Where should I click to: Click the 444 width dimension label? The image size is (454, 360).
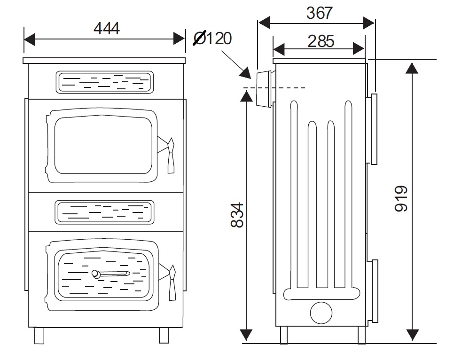[x=107, y=29]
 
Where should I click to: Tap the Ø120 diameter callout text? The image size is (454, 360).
[x=213, y=38]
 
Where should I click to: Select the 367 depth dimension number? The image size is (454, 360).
[x=319, y=13]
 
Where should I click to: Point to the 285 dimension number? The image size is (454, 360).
[x=321, y=41]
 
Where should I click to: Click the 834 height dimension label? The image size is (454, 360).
[x=238, y=215]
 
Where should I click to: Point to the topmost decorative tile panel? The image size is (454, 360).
[x=104, y=82]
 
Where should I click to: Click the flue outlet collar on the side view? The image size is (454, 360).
[x=264, y=88]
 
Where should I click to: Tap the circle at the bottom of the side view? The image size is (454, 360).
[x=321, y=312]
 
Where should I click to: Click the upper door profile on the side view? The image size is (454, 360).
[x=374, y=129]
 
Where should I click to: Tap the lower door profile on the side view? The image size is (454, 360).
[x=374, y=291]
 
